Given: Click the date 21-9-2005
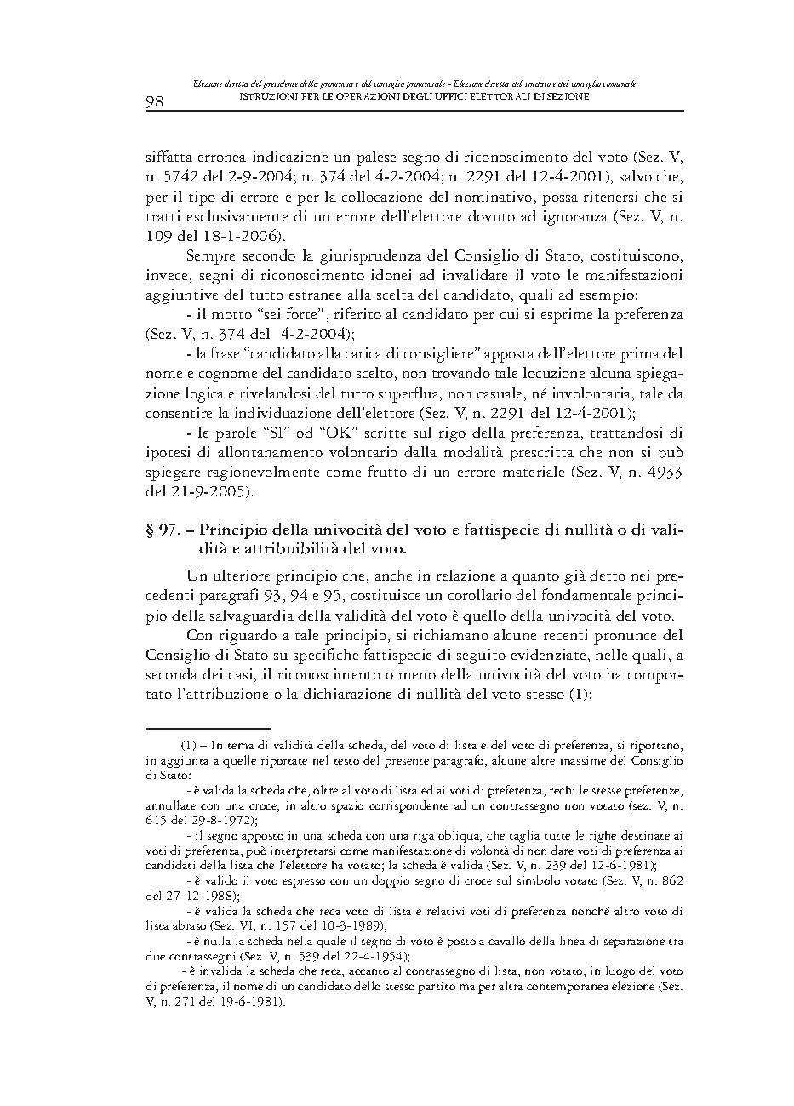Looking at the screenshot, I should (x=209, y=491).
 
